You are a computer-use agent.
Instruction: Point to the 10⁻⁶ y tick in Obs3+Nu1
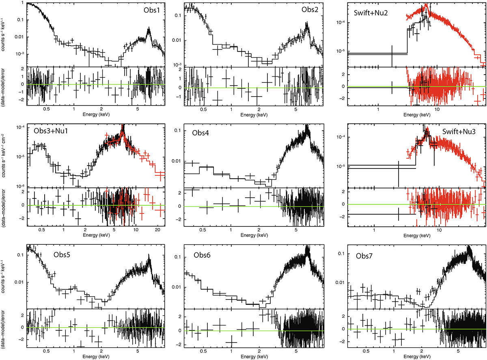point(19,187)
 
